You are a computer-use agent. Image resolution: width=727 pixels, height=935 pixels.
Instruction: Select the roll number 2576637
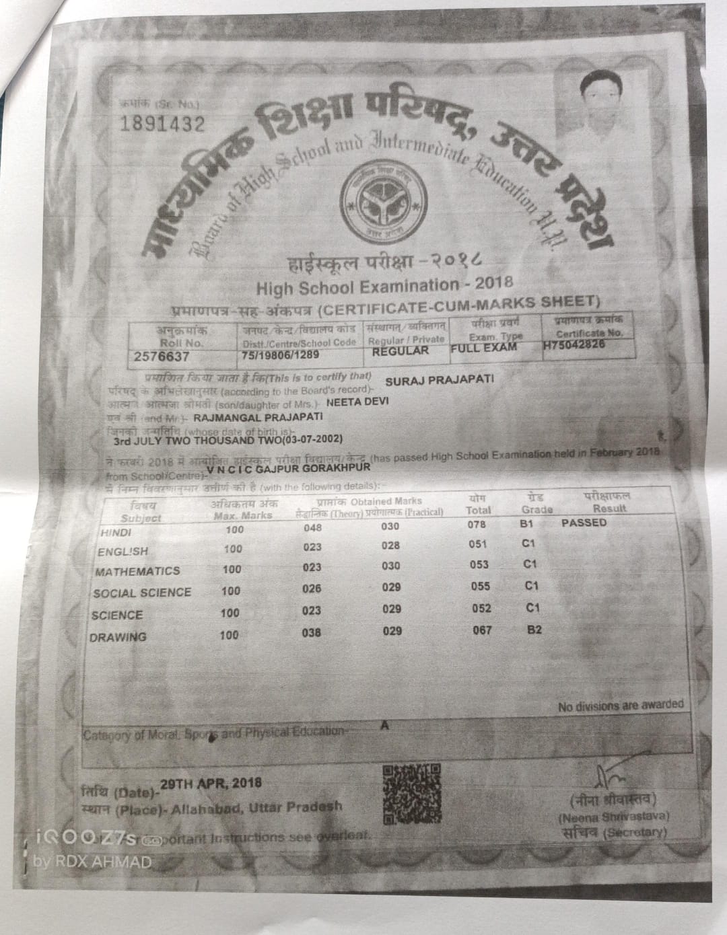pos(162,357)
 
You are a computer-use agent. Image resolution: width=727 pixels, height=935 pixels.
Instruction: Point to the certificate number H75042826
pos(574,345)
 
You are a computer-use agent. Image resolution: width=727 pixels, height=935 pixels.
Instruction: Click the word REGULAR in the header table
pos(401,350)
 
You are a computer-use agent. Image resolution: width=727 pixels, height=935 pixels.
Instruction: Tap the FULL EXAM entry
pos(483,347)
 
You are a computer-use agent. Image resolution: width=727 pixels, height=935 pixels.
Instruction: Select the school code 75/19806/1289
pos(281,354)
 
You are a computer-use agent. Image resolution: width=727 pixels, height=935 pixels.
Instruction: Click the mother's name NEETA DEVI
pos(357,402)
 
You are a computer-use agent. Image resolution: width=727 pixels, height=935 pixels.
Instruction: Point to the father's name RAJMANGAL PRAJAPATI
pos(258,417)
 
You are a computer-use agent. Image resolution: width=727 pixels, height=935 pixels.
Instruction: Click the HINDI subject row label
pos(115,532)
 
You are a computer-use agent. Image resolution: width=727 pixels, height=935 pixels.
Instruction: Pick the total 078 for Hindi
pos(477,524)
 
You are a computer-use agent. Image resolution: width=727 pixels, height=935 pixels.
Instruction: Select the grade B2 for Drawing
pos(534,630)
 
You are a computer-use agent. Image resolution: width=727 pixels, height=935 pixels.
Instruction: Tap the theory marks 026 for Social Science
pos(312,589)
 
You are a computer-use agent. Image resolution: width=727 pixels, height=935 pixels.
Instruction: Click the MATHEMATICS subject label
pos(137,571)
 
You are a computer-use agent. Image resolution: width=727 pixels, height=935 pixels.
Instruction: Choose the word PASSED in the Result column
pos(584,523)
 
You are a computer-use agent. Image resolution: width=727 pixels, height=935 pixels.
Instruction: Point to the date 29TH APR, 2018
pos(212,784)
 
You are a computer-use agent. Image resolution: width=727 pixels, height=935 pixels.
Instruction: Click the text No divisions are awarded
pos(620,706)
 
